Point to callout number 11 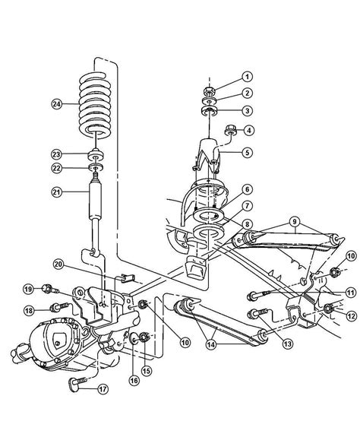[x=349, y=293]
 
